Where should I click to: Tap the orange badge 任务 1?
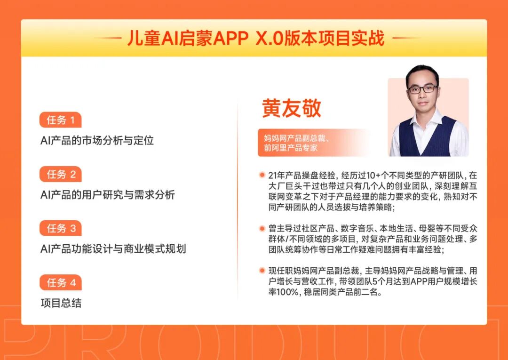pyautogui.click(x=61, y=120)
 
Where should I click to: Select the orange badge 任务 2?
pyautogui.click(x=61, y=174)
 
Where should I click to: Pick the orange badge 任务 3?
pyautogui.click(x=61, y=228)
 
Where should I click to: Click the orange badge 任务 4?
pyautogui.click(x=61, y=282)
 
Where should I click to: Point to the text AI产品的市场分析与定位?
pyautogui.click(x=97, y=140)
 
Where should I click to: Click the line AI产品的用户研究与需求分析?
pyautogui.click(x=108, y=194)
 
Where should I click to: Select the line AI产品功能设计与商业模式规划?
pyautogui.click(x=113, y=248)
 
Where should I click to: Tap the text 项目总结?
pyautogui.click(x=61, y=303)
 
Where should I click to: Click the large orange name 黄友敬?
pyautogui.click(x=292, y=108)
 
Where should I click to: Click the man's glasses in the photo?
pyautogui.click(x=422, y=88)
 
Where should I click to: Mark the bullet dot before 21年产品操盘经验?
pyautogui.click(x=262, y=175)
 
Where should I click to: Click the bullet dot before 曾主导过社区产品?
pyautogui.click(x=262, y=229)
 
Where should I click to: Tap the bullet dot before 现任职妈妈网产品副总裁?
pyautogui.click(x=262, y=271)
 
